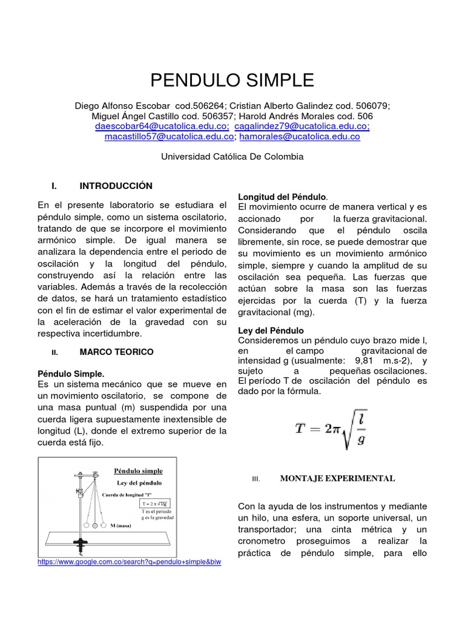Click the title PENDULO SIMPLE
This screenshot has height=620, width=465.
(x=232, y=80)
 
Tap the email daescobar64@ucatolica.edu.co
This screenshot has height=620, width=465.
(x=162, y=126)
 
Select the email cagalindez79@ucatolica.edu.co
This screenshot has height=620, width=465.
(x=302, y=126)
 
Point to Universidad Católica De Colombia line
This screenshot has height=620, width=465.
(x=232, y=156)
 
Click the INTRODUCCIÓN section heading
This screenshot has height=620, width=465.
(x=116, y=186)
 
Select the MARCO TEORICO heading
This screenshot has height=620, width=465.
(x=116, y=352)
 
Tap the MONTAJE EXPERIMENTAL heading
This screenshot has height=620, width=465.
(x=337, y=478)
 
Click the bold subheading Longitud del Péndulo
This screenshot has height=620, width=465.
(x=282, y=197)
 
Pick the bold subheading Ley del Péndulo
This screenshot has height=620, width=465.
(x=271, y=331)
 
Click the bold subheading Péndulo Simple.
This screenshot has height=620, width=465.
(x=71, y=374)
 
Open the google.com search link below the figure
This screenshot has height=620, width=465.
(x=129, y=562)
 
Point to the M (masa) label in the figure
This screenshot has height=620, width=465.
(x=129, y=526)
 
